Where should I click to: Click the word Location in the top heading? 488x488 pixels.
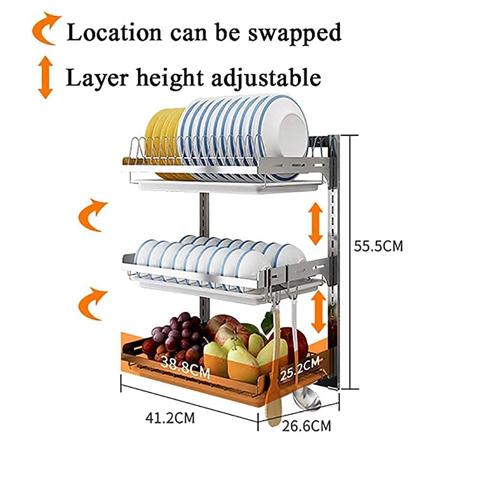(114, 32)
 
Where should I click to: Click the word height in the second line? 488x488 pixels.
(170, 79)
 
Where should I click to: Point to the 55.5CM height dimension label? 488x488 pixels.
(378, 246)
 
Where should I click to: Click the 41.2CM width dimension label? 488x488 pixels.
(170, 418)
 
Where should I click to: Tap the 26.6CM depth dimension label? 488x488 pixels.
(306, 426)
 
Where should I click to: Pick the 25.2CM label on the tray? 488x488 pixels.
(300, 369)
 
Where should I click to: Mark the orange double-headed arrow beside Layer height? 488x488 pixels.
(45, 78)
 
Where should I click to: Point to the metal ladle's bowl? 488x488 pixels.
(306, 399)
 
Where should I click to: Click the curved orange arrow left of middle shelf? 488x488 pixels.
(92, 215)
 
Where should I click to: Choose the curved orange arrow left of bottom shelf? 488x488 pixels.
(92, 304)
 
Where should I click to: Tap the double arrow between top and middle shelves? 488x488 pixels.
(315, 224)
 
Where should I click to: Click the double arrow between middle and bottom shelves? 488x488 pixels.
(318, 311)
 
